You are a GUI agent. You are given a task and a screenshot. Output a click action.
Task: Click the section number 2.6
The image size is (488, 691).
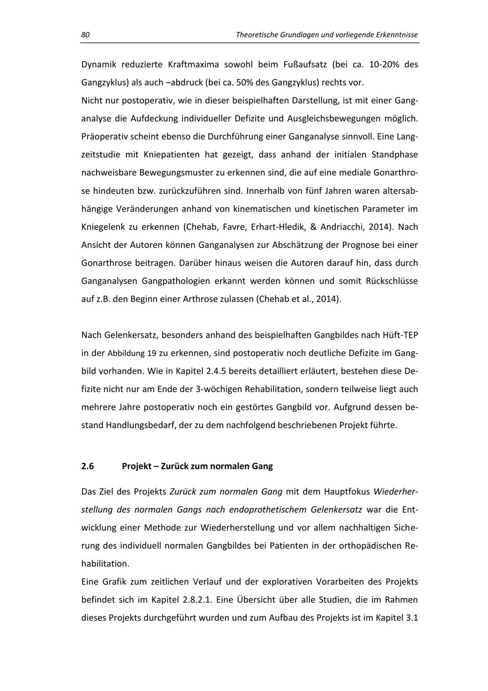(87, 466)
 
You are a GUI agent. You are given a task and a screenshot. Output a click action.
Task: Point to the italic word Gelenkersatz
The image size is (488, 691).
(336, 509)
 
